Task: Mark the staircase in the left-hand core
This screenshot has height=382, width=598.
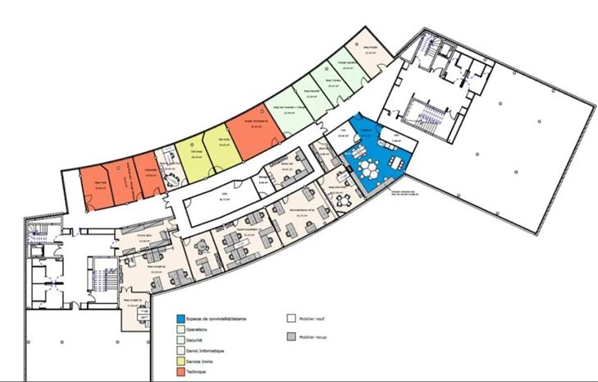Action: pos(101,279)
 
